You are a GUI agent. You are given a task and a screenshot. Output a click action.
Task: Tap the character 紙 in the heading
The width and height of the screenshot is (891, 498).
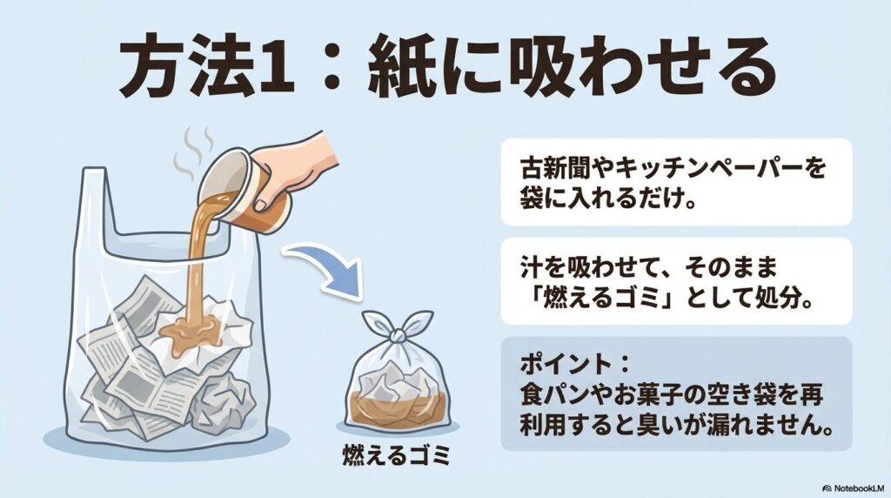click(x=412, y=68)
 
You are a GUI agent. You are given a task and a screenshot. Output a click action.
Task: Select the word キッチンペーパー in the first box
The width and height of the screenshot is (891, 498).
click(x=709, y=167)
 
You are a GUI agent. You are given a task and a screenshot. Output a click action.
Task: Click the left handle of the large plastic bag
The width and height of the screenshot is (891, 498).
click(x=91, y=200)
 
